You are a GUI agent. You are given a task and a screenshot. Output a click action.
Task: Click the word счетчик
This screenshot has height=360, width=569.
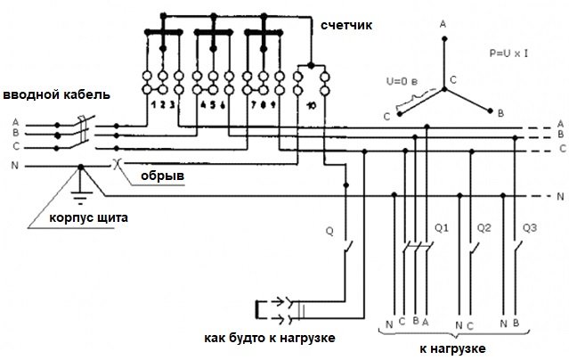coord(346,26)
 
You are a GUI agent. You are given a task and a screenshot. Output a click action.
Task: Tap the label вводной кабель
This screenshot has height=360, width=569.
coord(56,95)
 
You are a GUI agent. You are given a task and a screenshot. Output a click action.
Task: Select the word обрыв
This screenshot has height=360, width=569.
coord(162,176)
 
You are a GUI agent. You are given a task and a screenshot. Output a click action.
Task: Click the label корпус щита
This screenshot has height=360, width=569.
coord(88,218)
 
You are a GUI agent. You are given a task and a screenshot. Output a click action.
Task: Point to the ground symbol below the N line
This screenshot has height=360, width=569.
coord(80,197)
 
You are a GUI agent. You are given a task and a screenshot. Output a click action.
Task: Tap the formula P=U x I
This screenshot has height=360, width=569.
coord(508,53)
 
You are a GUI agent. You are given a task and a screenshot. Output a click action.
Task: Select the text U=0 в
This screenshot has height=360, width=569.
coord(402,81)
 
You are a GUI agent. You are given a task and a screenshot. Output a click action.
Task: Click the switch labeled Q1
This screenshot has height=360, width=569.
coord(418,247)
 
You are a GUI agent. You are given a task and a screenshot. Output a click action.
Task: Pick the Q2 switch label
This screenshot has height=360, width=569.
coord(484,228)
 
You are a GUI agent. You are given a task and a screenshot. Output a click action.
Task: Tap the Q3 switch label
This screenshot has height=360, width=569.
coord(530,228)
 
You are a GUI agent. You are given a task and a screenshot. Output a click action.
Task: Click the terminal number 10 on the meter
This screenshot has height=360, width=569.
coord(311,106)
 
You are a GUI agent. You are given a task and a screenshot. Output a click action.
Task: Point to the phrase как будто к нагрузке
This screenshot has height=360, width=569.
coord(270,338)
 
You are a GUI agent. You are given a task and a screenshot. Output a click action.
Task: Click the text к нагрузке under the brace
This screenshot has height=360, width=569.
coord(452,348)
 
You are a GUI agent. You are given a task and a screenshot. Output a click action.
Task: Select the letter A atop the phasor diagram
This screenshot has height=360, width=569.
coord(443,25)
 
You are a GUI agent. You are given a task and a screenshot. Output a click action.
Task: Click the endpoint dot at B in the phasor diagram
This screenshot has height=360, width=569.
coord(491,110)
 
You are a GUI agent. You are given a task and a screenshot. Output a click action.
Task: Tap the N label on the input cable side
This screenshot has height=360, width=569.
coord(14,166)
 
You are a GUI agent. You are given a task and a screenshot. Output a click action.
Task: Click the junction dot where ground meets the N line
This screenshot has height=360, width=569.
coord(81,167)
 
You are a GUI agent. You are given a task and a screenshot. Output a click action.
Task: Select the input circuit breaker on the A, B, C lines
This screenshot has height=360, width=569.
coord(85,132)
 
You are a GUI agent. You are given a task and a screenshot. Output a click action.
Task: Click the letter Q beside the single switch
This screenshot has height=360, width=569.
coord(329,232)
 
